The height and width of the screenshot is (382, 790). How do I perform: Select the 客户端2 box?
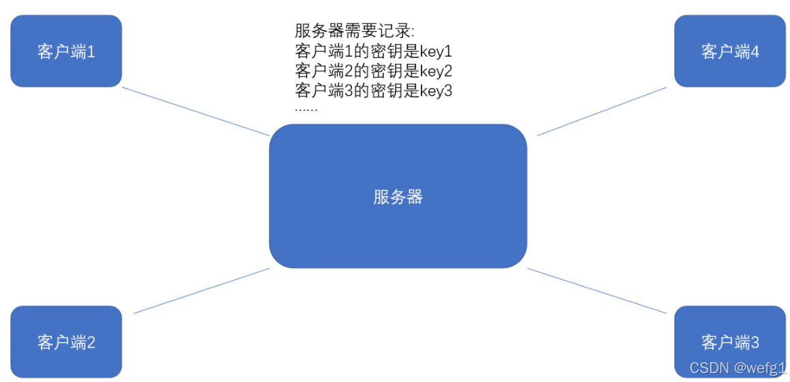click(x=66, y=358)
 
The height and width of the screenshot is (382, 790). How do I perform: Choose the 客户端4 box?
click(x=730, y=68)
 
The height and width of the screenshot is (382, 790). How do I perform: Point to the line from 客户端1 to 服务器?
click(x=196, y=111)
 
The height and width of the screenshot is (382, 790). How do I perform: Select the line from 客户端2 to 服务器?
click(x=202, y=291)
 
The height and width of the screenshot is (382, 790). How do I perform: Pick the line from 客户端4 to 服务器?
click(x=602, y=111)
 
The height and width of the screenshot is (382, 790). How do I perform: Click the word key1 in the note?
click(x=436, y=51)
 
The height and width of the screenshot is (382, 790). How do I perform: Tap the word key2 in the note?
click(x=436, y=71)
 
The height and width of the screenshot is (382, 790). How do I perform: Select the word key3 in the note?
click(x=436, y=90)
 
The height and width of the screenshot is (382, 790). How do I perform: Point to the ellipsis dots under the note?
click(x=306, y=108)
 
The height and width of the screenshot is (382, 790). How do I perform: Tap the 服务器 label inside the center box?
click(x=398, y=197)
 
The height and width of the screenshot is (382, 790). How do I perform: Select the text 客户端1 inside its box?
click(x=66, y=52)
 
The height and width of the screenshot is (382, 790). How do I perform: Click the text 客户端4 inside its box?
click(x=730, y=52)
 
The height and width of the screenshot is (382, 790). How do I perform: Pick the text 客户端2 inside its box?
click(x=66, y=342)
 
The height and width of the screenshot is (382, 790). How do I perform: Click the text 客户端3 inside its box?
click(x=730, y=342)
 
